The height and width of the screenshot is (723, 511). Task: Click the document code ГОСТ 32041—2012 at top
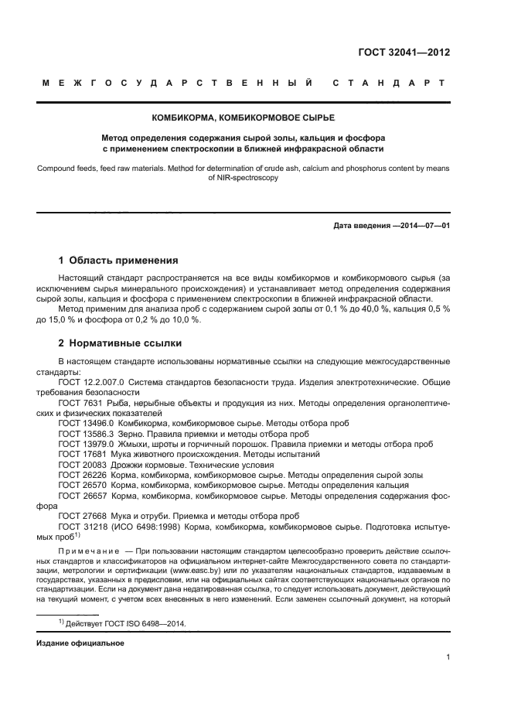(404, 53)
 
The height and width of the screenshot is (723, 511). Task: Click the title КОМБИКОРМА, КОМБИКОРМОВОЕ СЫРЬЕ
(244, 118)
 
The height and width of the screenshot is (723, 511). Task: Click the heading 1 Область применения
(118, 260)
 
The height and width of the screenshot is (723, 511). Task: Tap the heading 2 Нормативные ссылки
(121, 343)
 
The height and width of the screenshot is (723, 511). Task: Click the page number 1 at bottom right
(448, 657)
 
